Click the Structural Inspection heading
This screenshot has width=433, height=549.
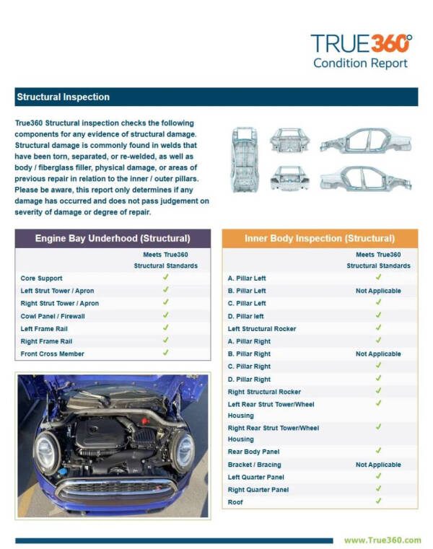(63, 97)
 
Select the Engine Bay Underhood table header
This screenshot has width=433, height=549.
(113, 238)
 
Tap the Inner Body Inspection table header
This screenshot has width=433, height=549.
(319, 238)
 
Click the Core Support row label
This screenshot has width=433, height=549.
(41, 278)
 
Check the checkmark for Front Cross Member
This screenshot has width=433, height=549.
(165, 353)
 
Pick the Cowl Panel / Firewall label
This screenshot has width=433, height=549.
(53, 316)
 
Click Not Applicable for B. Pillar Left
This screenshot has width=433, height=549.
(378, 291)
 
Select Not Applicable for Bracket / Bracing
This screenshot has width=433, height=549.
(378, 465)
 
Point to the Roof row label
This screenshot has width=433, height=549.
(235, 502)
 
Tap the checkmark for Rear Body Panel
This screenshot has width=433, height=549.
(378, 451)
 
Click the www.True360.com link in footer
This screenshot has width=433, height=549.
(382, 540)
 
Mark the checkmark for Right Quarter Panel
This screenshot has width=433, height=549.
(378, 489)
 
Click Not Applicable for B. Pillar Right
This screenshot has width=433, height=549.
(378, 354)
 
